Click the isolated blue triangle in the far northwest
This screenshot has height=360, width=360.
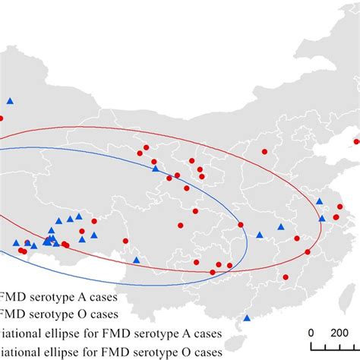(x=10, y=100)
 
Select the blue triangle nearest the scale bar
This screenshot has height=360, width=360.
(x=247, y=319)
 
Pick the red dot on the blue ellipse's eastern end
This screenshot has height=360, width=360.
(x=241, y=225)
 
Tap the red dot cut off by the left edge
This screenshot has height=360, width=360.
(x=1, y=118)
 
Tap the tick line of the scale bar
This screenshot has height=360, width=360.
(x=334, y=348)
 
